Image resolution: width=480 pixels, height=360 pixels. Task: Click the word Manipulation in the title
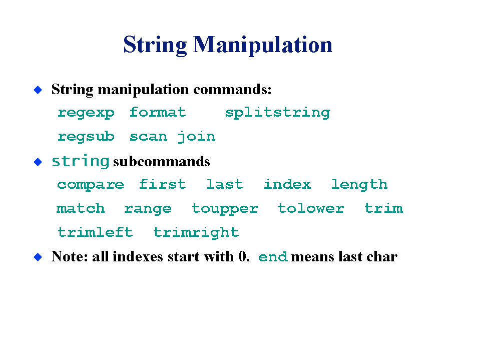click(263, 45)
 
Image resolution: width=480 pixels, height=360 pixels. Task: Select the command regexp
click(86, 113)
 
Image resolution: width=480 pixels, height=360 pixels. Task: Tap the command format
click(158, 112)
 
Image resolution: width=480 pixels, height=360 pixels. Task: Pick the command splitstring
click(278, 113)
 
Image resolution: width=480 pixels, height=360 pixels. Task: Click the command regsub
click(86, 137)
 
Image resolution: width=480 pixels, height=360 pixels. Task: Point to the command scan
click(149, 137)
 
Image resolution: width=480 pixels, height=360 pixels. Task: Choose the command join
click(197, 137)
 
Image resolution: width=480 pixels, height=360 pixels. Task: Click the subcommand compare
click(91, 185)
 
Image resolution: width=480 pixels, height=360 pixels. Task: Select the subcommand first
click(163, 184)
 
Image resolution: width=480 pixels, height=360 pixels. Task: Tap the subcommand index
click(287, 184)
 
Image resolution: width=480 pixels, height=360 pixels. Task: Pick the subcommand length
click(359, 185)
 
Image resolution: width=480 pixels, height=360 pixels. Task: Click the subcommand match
click(81, 208)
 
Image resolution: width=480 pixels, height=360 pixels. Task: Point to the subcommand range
click(148, 209)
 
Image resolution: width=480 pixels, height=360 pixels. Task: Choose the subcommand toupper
click(225, 209)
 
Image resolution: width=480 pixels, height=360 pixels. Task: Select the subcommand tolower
click(311, 208)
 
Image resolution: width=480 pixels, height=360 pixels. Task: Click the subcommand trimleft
click(95, 232)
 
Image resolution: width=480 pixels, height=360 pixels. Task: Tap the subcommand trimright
click(196, 233)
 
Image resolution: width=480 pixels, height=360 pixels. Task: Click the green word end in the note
click(273, 256)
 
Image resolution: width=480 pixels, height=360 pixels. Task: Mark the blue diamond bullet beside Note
click(38, 257)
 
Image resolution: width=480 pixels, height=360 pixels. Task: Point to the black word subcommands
click(162, 161)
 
